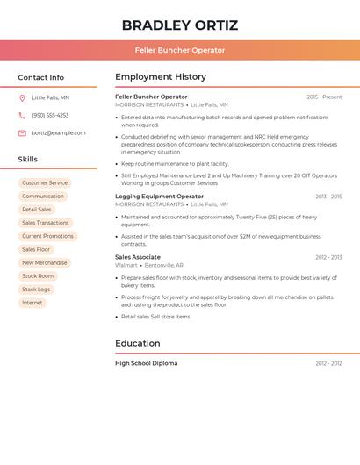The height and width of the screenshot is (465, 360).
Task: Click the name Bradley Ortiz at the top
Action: coord(180,25)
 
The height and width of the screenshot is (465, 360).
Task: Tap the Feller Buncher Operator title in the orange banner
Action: coord(180,50)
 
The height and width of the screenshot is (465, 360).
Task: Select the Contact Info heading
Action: coord(41,77)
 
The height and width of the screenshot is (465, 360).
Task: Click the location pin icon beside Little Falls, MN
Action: coord(22,98)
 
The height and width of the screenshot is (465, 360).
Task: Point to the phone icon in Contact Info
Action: coord(22,116)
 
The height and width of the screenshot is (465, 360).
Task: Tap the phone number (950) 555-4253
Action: coord(50,116)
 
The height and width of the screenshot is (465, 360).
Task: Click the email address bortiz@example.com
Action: coord(59,133)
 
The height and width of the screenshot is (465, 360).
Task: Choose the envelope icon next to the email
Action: coord(22,133)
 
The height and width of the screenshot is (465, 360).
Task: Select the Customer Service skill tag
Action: coord(45,183)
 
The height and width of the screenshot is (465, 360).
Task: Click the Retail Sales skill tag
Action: coord(37,210)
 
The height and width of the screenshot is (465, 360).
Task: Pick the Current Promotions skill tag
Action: coord(47,236)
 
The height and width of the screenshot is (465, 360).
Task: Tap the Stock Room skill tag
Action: coord(38,276)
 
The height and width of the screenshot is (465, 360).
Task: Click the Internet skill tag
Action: coord(32,303)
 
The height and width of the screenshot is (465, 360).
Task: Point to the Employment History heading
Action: coord(161,77)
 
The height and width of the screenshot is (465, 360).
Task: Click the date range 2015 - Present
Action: coord(324,97)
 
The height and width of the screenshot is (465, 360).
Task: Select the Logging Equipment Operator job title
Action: coord(159,197)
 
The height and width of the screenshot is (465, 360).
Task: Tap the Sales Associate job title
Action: coord(138,257)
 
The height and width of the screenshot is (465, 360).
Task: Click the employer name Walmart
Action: coord(126,265)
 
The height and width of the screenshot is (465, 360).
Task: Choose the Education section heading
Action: coord(138,343)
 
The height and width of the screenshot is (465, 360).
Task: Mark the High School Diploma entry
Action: coord(146,363)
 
